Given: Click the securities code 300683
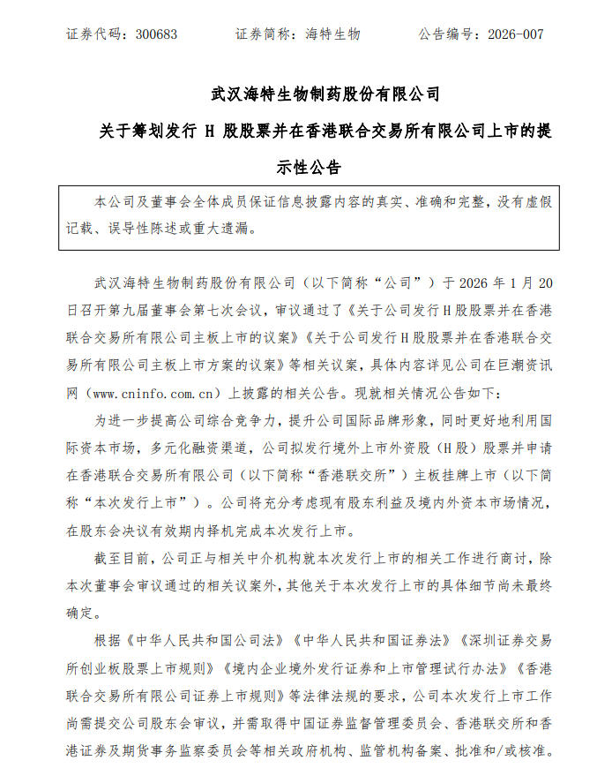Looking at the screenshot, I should click(x=157, y=34).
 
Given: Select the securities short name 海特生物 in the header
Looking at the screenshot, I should click(x=332, y=34).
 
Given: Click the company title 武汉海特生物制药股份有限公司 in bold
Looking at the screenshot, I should click(x=326, y=93).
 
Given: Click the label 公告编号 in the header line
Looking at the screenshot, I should click(x=444, y=34).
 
